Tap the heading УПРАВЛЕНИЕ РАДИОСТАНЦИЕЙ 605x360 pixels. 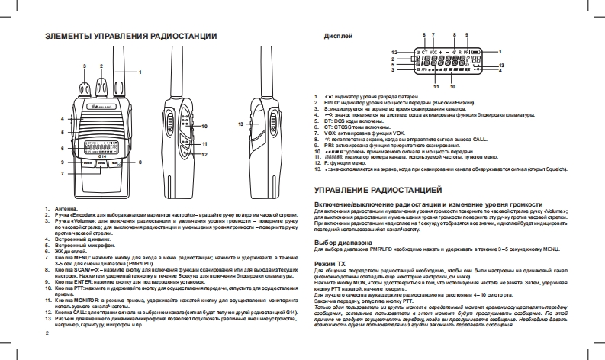(x=378, y=166)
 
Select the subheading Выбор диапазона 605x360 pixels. (x=340, y=242)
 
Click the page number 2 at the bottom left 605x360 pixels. (x=47, y=333)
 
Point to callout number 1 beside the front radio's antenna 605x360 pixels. (x=140, y=71)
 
